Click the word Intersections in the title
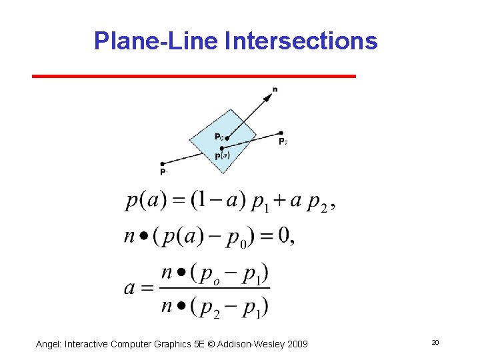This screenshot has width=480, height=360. (x=301, y=41)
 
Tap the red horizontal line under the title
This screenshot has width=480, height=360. (x=194, y=77)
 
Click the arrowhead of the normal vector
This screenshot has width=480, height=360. (x=268, y=97)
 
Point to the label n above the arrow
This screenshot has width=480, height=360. (x=275, y=89)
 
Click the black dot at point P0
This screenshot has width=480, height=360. (x=227, y=139)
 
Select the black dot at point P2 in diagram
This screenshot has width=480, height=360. (x=281, y=133)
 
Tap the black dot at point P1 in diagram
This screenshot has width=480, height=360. (x=162, y=163)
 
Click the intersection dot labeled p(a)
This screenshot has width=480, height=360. (x=221, y=147)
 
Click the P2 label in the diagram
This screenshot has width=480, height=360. (x=283, y=141)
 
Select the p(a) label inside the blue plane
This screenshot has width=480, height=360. (x=222, y=156)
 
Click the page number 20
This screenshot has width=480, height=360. (x=435, y=343)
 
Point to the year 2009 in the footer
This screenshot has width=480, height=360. (x=297, y=344)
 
